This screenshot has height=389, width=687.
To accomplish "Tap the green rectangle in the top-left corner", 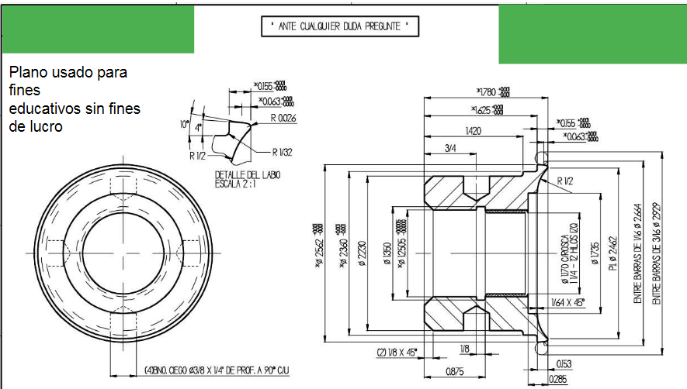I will click(98, 29).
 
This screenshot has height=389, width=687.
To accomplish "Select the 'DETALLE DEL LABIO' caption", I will click(248, 175).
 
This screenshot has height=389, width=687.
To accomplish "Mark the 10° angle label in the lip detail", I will click(183, 124).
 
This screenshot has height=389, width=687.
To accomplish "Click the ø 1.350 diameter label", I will click(388, 254).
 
